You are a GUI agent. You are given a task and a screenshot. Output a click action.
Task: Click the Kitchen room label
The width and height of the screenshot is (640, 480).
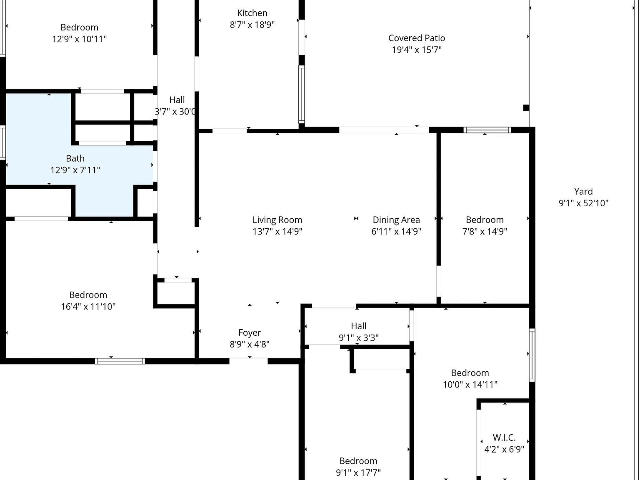[252, 13]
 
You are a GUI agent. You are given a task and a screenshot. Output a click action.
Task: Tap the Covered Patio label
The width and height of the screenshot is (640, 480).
[417, 38]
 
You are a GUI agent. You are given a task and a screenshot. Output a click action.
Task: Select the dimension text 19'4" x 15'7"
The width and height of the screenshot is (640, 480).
[417, 50]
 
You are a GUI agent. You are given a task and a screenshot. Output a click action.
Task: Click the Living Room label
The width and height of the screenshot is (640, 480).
[277, 220]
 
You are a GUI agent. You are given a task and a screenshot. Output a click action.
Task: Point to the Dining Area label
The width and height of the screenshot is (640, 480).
[396, 220]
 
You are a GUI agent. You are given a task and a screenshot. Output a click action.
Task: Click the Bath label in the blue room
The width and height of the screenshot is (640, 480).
[75, 158]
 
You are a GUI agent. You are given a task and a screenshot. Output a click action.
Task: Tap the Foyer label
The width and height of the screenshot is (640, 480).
[250, 332]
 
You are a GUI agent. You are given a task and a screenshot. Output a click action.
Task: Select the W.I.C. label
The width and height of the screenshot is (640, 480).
[504, 437]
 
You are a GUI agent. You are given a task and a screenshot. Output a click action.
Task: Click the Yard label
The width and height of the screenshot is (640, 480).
[583, 192]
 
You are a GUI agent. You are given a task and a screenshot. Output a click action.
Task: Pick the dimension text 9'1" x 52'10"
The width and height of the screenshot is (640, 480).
[583, 203]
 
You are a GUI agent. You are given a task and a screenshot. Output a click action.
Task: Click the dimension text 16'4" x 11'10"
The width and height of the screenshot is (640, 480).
[88, 307]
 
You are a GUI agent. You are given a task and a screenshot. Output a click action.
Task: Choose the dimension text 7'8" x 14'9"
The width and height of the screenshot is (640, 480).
[485, 231]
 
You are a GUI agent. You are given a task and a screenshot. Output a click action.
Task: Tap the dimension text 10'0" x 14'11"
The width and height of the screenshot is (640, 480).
[470, 385]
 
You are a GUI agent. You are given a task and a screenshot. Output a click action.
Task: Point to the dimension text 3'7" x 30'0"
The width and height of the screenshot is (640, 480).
[176, 112]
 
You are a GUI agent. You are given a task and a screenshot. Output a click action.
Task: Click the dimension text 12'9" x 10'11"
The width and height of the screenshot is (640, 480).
[79, 39]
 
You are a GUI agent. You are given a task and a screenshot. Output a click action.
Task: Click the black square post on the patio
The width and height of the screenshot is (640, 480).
[526, 107]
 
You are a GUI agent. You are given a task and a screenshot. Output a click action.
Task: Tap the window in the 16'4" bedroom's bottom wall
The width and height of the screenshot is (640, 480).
[120, 361]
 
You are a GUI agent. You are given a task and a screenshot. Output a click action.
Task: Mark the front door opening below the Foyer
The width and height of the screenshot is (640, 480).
[248, 361]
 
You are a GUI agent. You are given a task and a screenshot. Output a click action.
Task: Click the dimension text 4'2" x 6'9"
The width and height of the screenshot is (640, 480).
[504, 449]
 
